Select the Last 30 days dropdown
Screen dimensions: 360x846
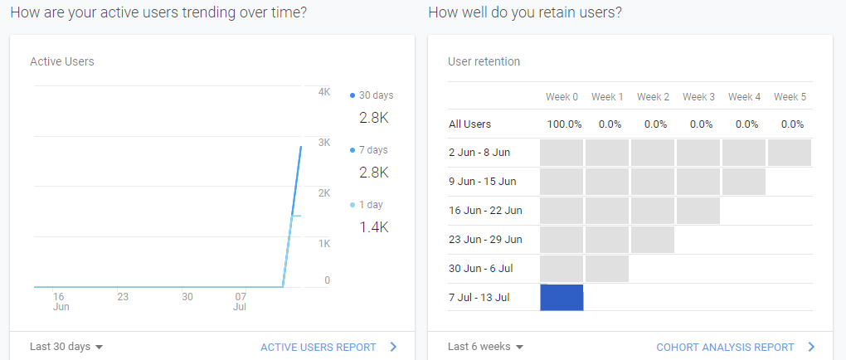(x=66, y=347)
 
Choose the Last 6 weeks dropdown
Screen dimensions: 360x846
(x=485, y=347)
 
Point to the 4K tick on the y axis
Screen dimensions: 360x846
(x=324, y=92)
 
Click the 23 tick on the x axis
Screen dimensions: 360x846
(x=123, y=296)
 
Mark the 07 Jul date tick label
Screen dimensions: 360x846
(x=241, y=301)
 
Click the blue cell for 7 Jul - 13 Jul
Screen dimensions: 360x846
(x=562, y=297)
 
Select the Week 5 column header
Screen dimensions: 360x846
(x=790, y=97)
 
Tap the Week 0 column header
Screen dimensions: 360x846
(x=562, y=97)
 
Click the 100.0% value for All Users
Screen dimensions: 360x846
(x=563, y=124)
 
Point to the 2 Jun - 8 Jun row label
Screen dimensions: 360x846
(x=479, y=153)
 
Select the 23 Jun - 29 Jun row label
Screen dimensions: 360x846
(x=485, y=239)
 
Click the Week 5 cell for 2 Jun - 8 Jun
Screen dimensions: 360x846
(x=790, y=153)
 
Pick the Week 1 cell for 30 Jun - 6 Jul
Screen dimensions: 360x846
(x=607, y=268)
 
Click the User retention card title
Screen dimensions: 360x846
(x=484, y=61)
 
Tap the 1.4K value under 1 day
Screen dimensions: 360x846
(x=374, y=226)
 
